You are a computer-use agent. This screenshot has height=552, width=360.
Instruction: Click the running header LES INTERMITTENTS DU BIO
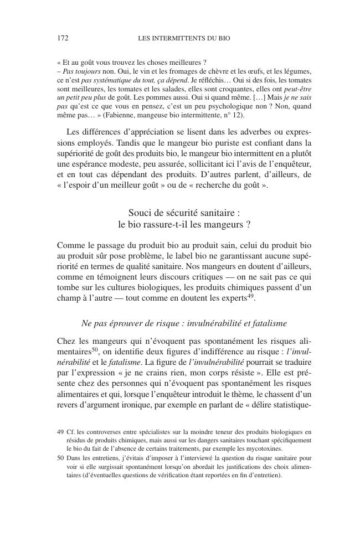pos(183,39)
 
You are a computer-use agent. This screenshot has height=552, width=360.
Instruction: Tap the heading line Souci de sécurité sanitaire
pos(184,212)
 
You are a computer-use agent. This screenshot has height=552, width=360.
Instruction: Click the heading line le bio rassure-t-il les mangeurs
pos(184,224)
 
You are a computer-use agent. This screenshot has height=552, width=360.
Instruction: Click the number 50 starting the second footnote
pos(60,458)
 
